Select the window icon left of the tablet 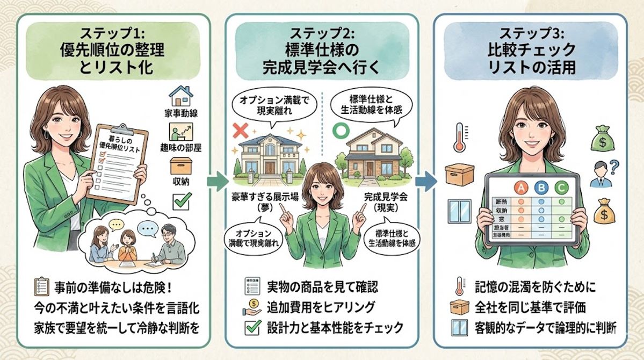[x=459, y=211]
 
